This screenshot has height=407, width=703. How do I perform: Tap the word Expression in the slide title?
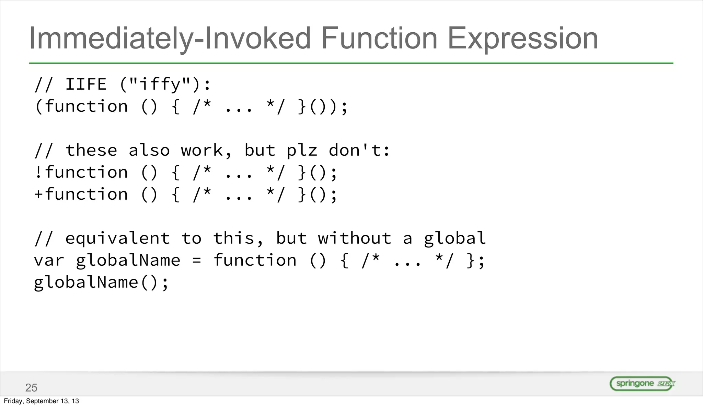[523, 38]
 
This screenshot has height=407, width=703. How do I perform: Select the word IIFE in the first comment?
[86, 85]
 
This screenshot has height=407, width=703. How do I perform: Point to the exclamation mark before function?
[38, 172]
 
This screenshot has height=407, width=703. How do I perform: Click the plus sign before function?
[38, 194]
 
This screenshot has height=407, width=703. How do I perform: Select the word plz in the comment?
[302, 151]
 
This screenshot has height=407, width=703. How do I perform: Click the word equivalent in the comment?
[117, 239]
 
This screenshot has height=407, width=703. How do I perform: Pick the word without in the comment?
[355, 238]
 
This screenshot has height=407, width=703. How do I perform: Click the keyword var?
[49, 261]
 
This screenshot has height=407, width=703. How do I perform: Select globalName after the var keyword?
[128, 261]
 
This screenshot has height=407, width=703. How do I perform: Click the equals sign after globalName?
[197, 261]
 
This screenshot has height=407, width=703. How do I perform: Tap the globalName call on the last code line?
[86, 283]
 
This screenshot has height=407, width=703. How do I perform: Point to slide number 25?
[31, 388]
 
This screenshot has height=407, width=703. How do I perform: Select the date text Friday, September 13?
[41, 401]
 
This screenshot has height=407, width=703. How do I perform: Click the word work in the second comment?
[202, 151]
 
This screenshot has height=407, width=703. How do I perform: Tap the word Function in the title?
[379, 38]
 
